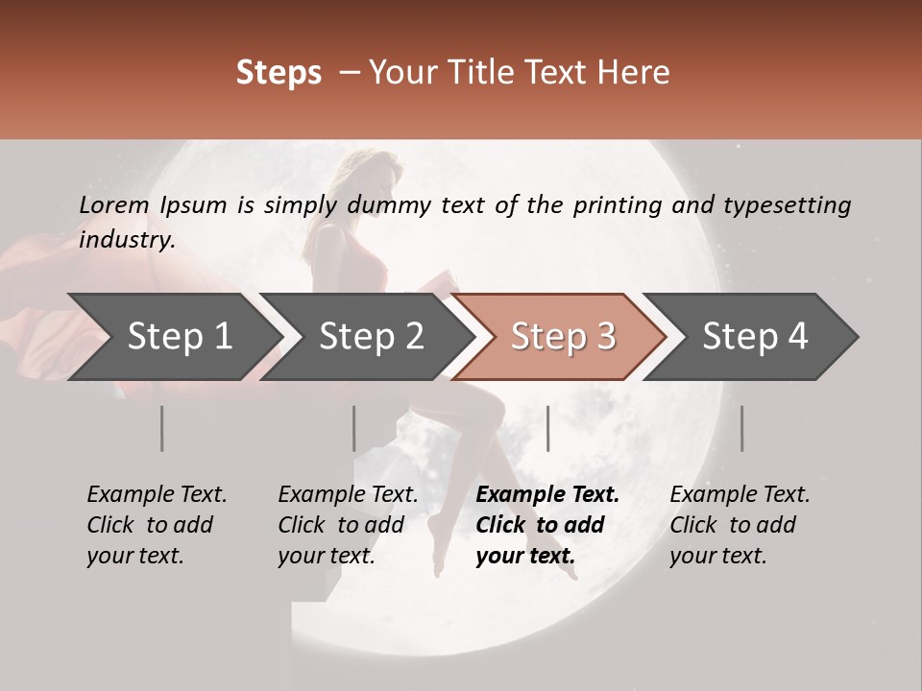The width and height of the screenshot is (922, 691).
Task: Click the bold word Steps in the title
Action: coord(279,72)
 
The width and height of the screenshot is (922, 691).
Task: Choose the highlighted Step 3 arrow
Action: coord(563,337)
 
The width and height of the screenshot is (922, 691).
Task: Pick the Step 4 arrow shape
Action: coord(755,337)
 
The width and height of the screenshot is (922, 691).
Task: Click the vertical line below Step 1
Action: coord(162,428)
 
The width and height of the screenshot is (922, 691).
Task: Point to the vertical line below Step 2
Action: coord(354,428)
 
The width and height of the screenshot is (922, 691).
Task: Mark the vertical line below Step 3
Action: coord(548,428)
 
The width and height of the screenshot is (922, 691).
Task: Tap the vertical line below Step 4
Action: coord(741,428)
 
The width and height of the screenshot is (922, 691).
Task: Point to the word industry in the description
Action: coord(127,240)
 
